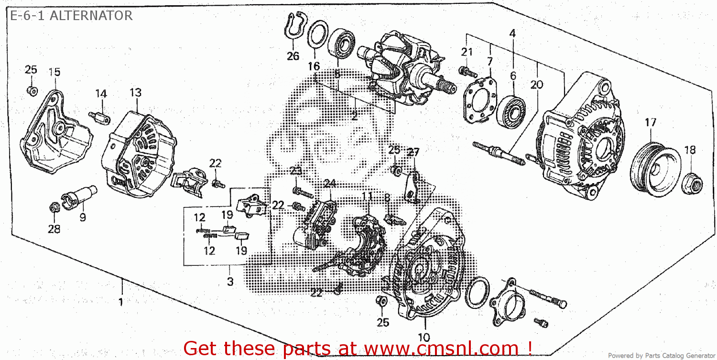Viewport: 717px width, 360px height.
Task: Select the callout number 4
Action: (512, 33)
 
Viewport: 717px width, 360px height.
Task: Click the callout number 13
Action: (135, 92)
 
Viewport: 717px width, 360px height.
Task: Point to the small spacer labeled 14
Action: (99, 117)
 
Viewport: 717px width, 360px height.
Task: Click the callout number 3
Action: (230, 282)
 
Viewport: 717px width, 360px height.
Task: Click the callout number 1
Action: (120, 302)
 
